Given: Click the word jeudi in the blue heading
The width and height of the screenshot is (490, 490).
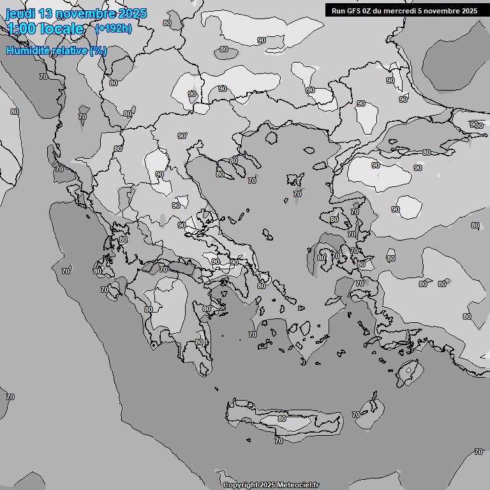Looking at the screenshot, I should pos(20,13).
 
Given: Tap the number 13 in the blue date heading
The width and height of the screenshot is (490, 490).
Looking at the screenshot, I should pos(46,13).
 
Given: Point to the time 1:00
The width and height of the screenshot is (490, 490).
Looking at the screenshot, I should pos(22,29).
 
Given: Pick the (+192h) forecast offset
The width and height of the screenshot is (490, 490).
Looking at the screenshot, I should pos(113,29).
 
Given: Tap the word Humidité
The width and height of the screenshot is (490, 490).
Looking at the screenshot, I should pos(27,50).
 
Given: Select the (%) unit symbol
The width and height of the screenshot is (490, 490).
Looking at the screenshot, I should pos(98,50).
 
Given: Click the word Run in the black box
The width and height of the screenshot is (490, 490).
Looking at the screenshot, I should pos(338,10).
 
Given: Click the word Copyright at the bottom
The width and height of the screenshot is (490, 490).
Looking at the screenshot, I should pos(240,486).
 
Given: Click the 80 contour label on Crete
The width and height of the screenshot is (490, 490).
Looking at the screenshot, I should pos(282,419).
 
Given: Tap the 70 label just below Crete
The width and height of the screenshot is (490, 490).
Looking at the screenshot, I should pos(278,441).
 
